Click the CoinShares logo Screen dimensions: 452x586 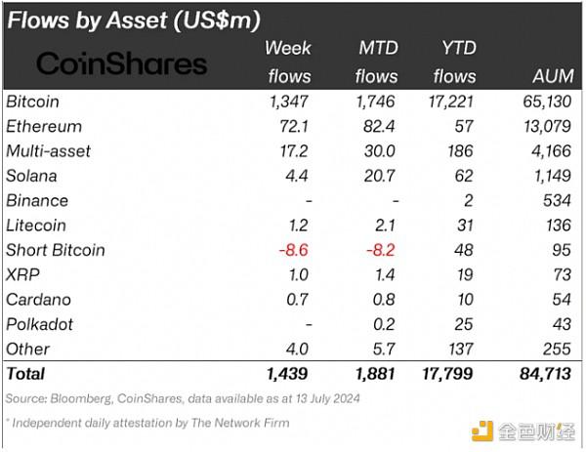click(122, 64)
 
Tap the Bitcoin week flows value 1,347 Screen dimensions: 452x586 click(289, 102)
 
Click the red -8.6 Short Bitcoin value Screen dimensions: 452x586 click(293, 250)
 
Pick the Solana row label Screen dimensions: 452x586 click(31, 176)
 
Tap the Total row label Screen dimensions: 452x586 click(25, 373)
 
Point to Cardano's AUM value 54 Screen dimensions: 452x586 click(561, 299)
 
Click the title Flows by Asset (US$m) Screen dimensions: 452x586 click(136, 20)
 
